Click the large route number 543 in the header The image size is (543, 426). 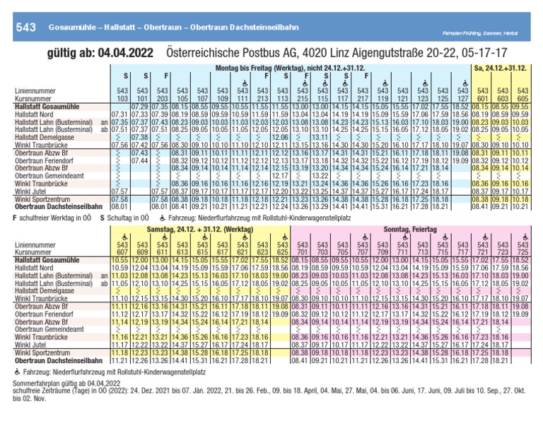click(25, 27)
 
